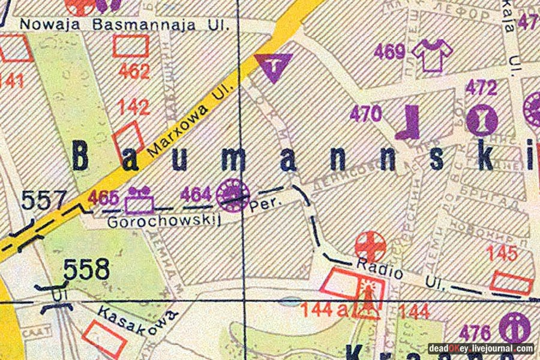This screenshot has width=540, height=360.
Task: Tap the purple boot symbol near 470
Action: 412,122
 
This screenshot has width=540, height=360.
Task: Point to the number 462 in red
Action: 134,72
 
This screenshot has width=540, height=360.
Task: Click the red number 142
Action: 134,107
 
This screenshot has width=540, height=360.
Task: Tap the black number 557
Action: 43,200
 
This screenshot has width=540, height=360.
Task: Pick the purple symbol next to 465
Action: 140,200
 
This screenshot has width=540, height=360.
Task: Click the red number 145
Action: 502,254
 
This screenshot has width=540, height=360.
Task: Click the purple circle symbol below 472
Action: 481,119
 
